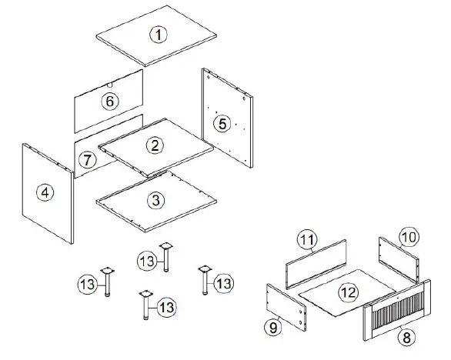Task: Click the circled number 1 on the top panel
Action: (x=157, y=35)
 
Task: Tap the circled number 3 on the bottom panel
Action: (x=156, y=201)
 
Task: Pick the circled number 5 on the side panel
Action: (x=221, y=123)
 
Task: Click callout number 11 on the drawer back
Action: (x=307, y=241)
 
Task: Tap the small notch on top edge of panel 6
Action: (x=112, y=80)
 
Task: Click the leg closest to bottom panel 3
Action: (x=165, y=258)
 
